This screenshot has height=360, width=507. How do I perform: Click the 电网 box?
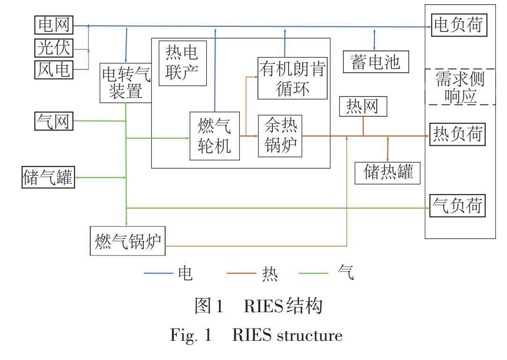pyautogui.click(x=54, y=25)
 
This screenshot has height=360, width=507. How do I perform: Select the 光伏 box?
pyautogui.click(x=54, y=48)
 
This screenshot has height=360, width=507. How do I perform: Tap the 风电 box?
pyautogui.click(x=54, y=70)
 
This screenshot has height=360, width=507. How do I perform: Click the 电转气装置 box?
pyautogui.click(x=125, y=83)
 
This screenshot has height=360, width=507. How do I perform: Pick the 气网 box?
pyautogui.click(x=54, y=121)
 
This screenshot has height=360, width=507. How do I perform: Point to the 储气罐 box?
pyautogui.click(x=49, y=178)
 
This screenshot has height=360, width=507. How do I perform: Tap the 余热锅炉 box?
pyautogui.click(x=280, y=136)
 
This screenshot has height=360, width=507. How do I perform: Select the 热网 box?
pyautogui.click(x=364, y=107)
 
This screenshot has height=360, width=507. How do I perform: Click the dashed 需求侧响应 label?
pyautogui.click(x=459, y=87)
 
